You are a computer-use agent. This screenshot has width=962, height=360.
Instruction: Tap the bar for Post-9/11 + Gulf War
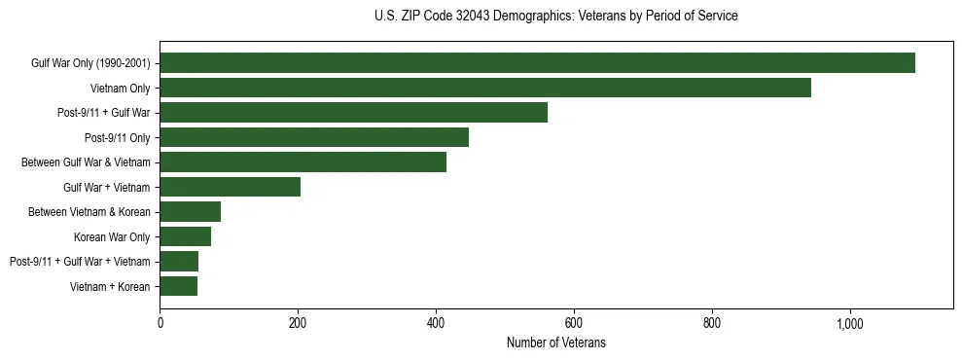pyautogui.click(x=353, y=113)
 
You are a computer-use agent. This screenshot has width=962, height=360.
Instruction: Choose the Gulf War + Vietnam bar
pyautogui.click(x=230, y=187)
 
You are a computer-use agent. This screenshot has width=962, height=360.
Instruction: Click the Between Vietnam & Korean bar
pyautogui.click(x=190, y=212)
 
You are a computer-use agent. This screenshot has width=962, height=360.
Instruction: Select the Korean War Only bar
pyautogui.click(x=185, y=236)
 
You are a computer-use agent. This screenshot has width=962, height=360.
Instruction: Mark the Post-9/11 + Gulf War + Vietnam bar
pyautogui.click(x=179, y=261)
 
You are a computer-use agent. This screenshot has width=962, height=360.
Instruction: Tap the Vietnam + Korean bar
pyautogui.click(x=178, y=286)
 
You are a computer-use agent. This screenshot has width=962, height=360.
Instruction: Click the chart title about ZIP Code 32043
pyautogui.click(x=555, y=17)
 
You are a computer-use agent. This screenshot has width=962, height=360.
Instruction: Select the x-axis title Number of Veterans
pyautogui.click(x=556, y=342)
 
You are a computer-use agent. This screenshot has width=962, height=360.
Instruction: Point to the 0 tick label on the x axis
pyautogui.click(x=160, y=323)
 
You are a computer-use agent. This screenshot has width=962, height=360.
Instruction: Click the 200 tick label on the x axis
pyautogui.click(x=298, y=323)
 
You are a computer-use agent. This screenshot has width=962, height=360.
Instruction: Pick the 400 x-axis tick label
pyautogui.click(x=436, y=323)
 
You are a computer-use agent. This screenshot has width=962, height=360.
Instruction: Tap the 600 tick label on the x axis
pyautogui.click(x=574, y=323)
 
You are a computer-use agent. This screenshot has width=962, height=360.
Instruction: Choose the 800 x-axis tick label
pyautogui.click(x=712, y=323)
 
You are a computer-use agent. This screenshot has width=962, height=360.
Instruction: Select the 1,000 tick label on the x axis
pyautogui.click(x=850, y=323)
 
